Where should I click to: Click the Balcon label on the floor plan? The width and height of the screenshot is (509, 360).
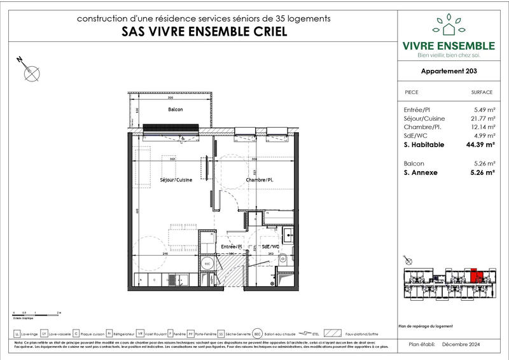(176, 110)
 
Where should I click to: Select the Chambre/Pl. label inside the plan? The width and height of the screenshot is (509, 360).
(260, 181)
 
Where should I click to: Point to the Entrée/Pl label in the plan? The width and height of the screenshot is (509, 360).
(230, 246)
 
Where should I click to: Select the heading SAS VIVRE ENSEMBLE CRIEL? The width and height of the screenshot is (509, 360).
(203, 32)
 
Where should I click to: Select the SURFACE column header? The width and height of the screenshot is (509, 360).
(482, 92)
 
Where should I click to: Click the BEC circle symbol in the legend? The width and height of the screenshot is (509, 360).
(257, 333)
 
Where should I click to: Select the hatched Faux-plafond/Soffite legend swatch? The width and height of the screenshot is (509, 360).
(333, 333)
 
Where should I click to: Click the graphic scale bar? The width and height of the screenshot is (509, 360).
(36, 314)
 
